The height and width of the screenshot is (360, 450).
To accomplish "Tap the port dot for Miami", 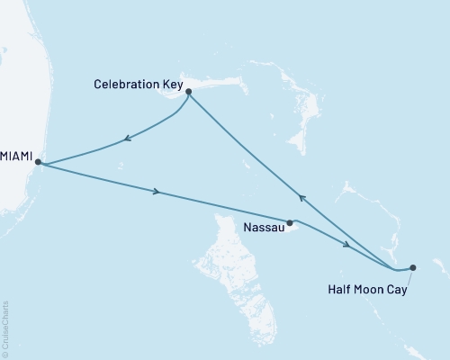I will click(x=38, y=162).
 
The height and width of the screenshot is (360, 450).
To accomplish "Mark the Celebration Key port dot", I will click(x=189, y=91).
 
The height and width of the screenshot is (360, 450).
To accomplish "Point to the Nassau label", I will click(x=265, y=229).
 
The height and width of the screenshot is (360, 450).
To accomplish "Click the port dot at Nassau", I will click(x=290, y=222).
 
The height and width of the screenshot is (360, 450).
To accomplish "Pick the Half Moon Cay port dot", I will click(x=412, y=266).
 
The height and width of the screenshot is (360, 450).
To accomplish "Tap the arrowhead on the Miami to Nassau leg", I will click(x=158, y=192).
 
